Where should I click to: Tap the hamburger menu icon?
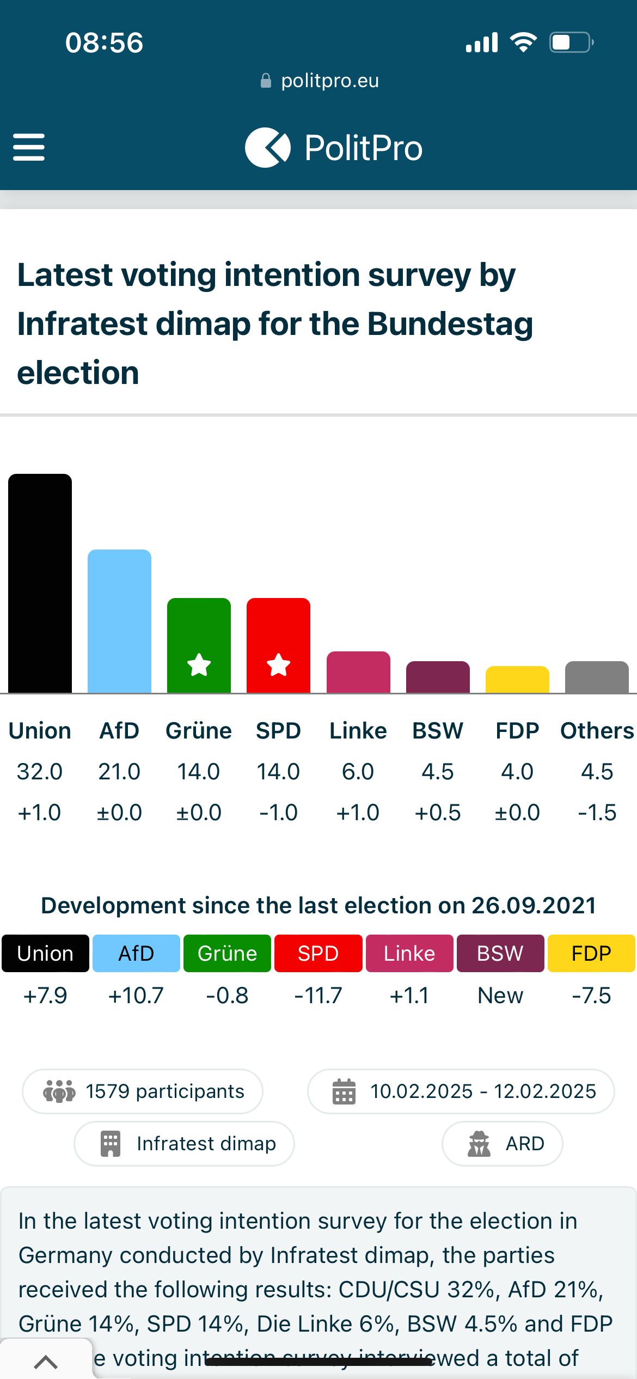[29, 147]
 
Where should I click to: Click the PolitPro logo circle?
[267, 148]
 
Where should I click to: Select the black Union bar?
[40, 583]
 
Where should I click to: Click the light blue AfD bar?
[119, 621]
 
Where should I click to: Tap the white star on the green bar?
[199, 665]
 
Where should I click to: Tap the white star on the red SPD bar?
[278, 665]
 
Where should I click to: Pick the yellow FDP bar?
[517, 680]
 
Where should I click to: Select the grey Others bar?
[597, 677]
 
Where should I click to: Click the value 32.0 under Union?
[40, 772]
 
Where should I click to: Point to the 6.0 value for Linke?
[358, 772]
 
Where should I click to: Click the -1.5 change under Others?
[597, 813]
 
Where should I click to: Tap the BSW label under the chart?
[438, 731]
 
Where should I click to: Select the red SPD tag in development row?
[318, 954]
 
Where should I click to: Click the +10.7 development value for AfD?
[136, 996]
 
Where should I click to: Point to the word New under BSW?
[500, 996]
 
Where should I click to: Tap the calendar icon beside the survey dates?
[344, 1091]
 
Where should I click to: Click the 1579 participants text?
[165, 1091]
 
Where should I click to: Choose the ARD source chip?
[503, 1144]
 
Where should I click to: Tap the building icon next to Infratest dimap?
[111, 1144]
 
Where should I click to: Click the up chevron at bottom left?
[46, 1362]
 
